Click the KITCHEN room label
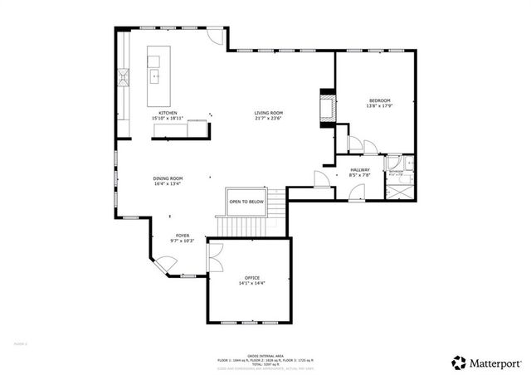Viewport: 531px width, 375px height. coord(168,113)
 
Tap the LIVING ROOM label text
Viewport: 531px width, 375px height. coord(269,113)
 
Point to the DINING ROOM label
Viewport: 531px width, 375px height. coord(168,178)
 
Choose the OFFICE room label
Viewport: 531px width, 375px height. coord(252,277)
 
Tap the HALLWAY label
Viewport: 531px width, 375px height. coord(359,170)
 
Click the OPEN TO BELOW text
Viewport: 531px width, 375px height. coord(246,202)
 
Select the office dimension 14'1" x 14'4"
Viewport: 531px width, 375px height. coord(252,284)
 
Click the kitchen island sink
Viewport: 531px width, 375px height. coord(154,76)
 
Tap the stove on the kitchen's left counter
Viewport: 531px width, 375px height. coord(123,79)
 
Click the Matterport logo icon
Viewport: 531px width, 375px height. coord(459,363)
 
